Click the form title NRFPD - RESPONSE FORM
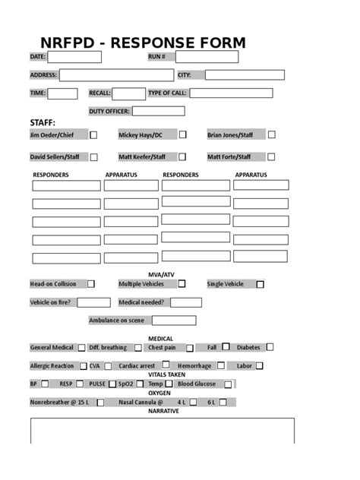[143, 43]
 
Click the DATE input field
[74, 57]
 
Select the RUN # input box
[207, 57]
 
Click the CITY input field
[245, 75]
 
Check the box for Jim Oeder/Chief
[93, 135]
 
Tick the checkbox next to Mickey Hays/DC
[182, 135]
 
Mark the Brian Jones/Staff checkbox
[271, 134]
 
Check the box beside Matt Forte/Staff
[271, 156]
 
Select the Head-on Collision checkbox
[91, 284]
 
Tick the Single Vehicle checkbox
[260, 285]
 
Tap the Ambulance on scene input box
[173, 321]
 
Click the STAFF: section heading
[43, 122]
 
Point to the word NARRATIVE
[163, 411]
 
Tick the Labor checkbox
[260, 365]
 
